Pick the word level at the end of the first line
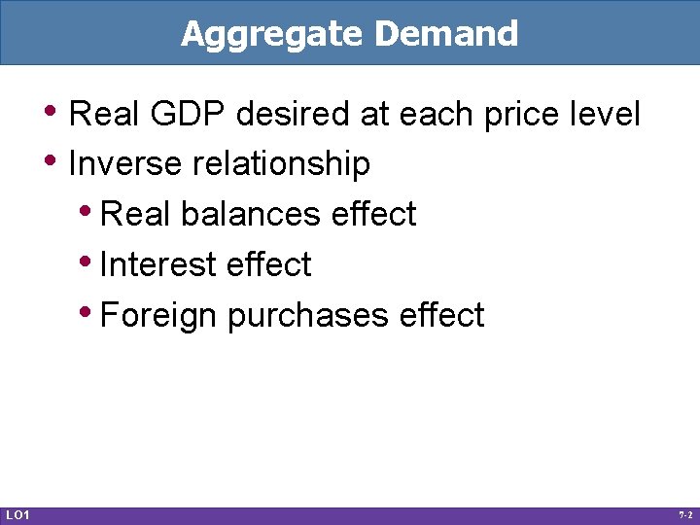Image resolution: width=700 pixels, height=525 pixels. point(606,115)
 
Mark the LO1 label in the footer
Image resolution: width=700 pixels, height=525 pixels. point(17,513)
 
